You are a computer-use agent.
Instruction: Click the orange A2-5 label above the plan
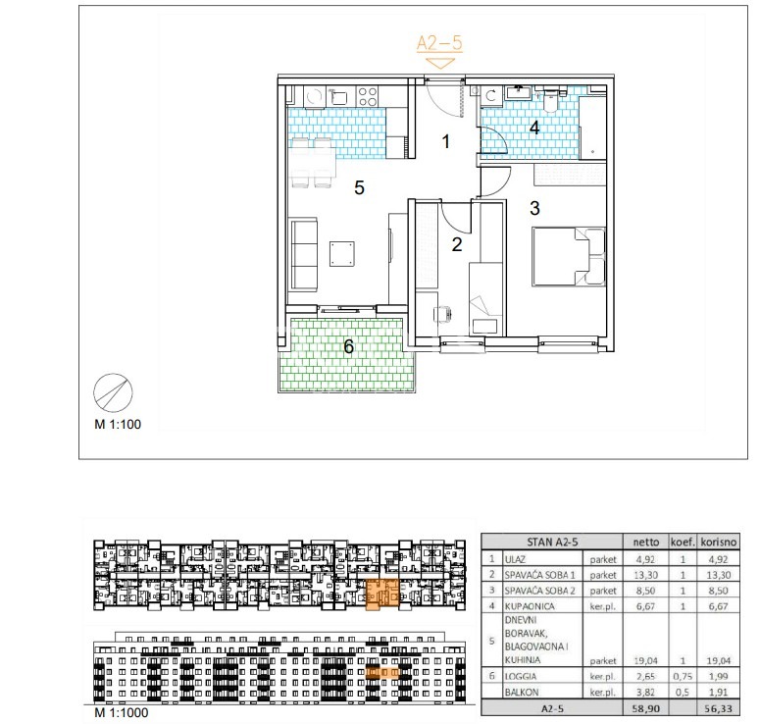click(x=439, y=43)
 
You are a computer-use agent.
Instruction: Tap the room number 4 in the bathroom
click(x=534, y=128)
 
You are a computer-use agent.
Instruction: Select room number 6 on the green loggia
click(x=348, y=346)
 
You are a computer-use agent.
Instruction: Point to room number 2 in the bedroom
click(x=457, y=244)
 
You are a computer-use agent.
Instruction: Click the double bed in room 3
click(x=569, y=256)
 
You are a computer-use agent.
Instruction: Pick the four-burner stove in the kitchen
click(x=367, y=96)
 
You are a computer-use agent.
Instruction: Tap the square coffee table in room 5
click(x=341, y=254)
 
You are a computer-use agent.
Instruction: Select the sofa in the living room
click(x=303, y=254)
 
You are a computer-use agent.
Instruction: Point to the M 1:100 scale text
click(x=118, y=425)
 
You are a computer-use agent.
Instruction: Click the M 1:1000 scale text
click(x=122, y=713)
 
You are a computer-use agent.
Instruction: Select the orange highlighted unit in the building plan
click(x=381, y=594)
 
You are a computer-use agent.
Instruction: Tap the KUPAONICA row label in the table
click(x=530, y=606)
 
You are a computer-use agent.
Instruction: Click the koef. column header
click(x=683, y=542)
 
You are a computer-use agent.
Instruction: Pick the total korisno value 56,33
click(x=718, y=708)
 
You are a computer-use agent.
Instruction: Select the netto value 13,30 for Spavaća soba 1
click(x=645, y=575)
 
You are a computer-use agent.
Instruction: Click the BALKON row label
click(x=522, y=692)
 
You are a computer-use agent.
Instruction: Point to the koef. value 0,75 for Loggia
click(x=683, y=676)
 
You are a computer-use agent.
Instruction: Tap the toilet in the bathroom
click(x=550, y=101)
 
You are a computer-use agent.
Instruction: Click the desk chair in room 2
click(x=442, y=314)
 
